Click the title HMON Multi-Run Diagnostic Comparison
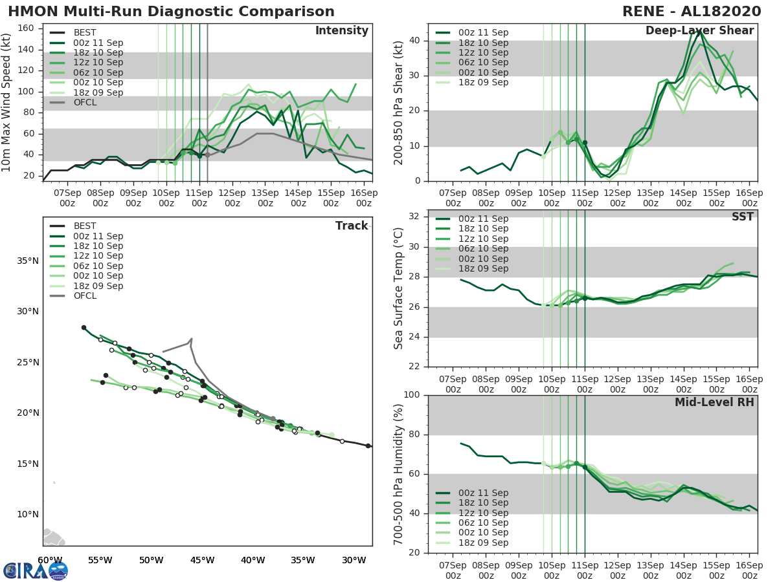point(172,12)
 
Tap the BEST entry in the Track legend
point(85,226)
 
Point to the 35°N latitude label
point(27,261)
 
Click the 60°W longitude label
point(50,560)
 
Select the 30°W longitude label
point(354,560)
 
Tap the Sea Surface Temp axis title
point(399,288)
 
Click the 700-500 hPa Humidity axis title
point(399,473)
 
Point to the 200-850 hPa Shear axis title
point(399,102)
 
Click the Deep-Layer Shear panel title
point(699,31)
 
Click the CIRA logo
point(36,570)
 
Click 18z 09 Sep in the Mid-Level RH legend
point(471,543)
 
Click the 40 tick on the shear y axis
point(416,40)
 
